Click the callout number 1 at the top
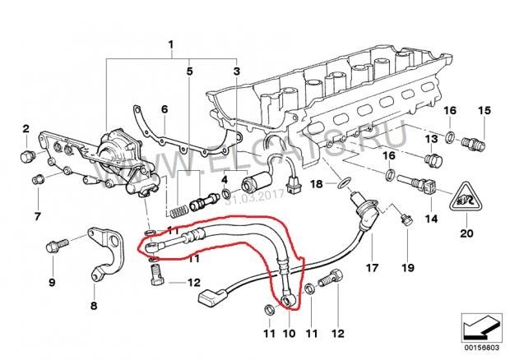tap(171, 43)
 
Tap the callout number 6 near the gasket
tap(164, 109)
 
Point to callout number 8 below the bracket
tap(93, 306)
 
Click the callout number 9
tap(53, 284)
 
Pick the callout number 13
tap(432, 140)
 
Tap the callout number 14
tap(431, 219)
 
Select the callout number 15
tap(484, 111)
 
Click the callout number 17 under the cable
tap(371, 268)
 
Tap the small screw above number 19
tap(405, 219)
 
